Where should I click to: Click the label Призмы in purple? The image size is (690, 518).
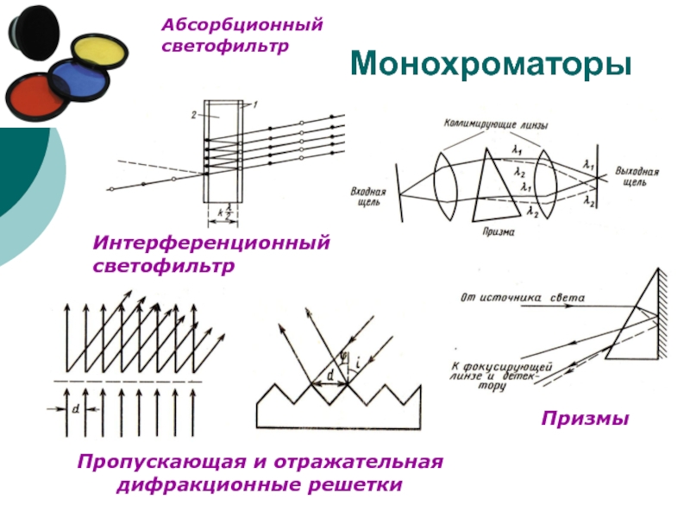[586, 419]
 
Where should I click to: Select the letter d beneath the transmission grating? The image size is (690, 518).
[77, 409]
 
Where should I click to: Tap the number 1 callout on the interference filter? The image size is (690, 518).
[255, 104]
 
